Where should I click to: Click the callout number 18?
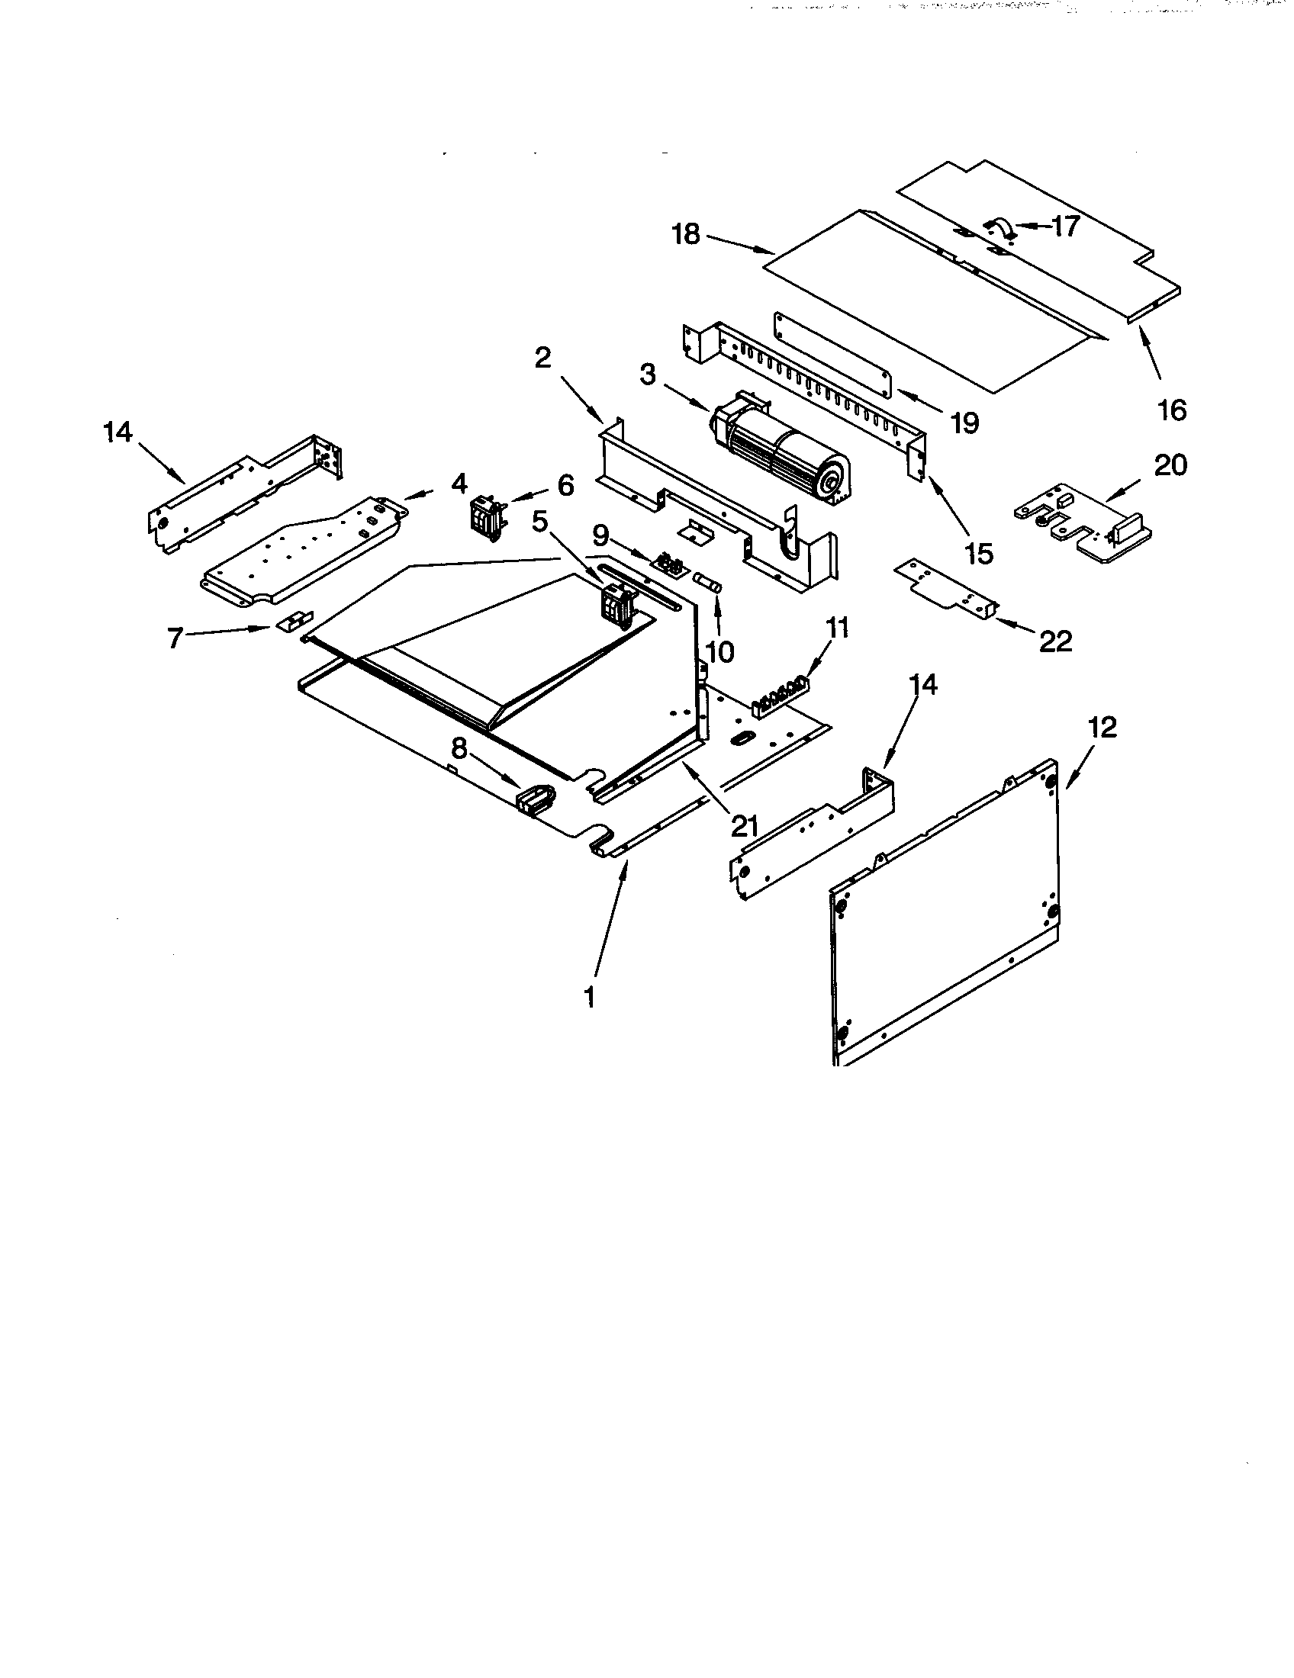pyautogui.click(x=686, y=233)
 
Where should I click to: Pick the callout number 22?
pyautogui.click(x=1055, y=641)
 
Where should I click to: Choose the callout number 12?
pyautogui.click(x=1102, y=726)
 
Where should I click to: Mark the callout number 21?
pyautogui.click(x=744, y=826)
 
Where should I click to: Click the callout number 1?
pyautogui.click(x=589, y=997)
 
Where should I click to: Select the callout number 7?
pyautogui.click(x=175, y=637)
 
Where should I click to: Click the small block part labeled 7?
pyautogui.click(x=295, y=621)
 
